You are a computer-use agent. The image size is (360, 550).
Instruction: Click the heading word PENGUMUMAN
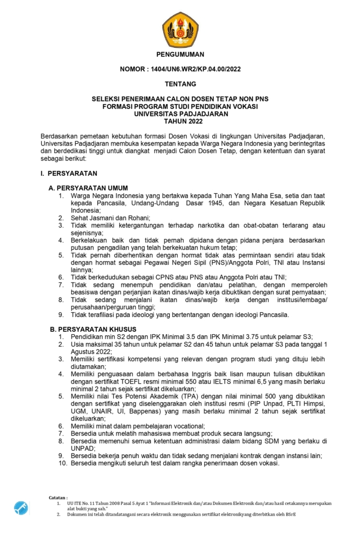coord(180,54)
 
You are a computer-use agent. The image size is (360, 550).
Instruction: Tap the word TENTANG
coord(180,84)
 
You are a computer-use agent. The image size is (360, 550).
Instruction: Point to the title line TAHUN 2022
coord(180,121)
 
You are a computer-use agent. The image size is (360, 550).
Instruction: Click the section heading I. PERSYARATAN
coord(68,173)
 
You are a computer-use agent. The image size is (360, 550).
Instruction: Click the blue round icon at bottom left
coord(21,508)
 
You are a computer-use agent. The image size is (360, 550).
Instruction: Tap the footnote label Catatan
coord(58,498)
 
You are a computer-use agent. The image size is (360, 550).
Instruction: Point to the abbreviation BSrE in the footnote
coord(290,514)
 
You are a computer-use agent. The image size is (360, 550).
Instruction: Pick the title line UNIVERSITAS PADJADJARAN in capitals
coord(180,114)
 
